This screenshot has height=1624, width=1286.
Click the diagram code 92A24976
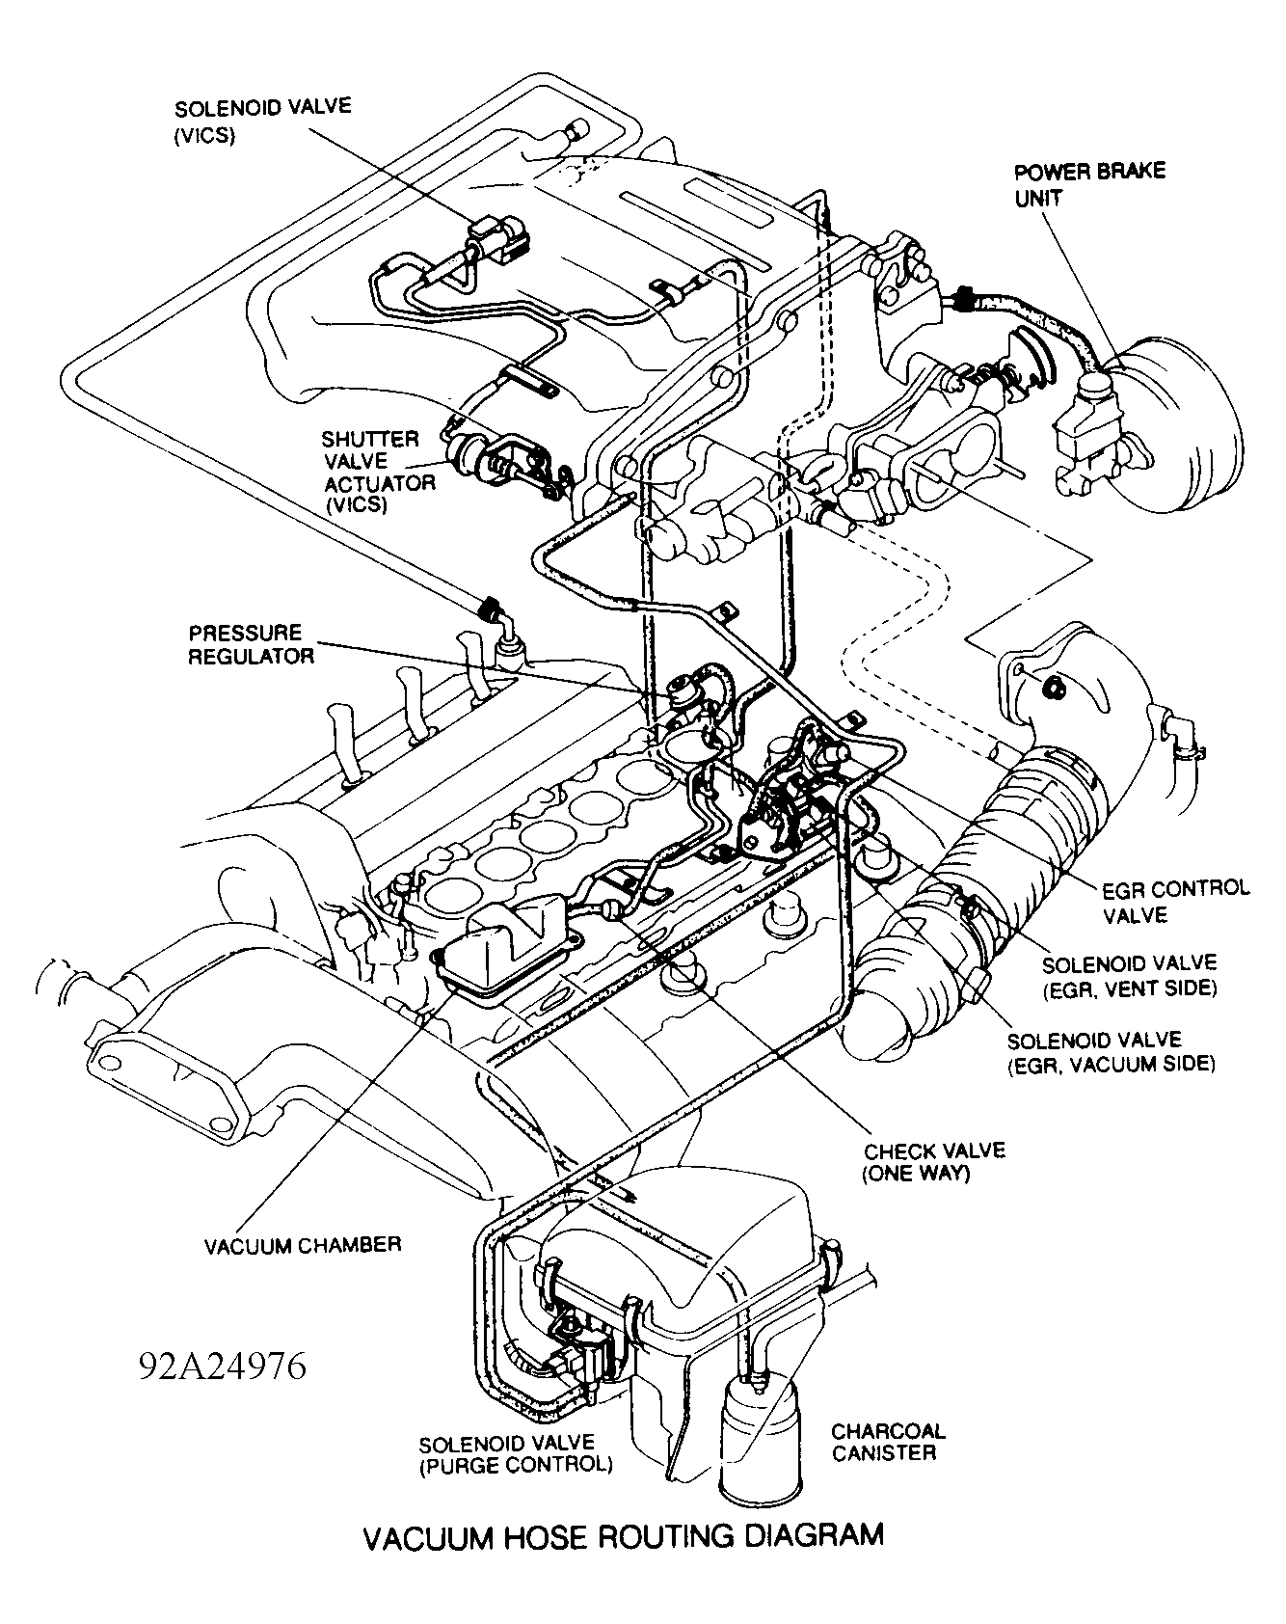(223, 1366)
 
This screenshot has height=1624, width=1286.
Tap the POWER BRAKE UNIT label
(1089, 184)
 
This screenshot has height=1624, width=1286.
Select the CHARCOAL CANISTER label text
(888, 1442)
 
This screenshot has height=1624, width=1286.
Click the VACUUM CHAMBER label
(302, 1245)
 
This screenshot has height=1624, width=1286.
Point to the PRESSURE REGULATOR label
(250, 645)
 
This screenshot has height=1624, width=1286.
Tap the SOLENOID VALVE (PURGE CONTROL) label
(516, 1454)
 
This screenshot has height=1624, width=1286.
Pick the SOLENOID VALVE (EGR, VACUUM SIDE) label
(1111, 1052)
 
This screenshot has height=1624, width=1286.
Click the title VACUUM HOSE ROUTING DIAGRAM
(623, 1535)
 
